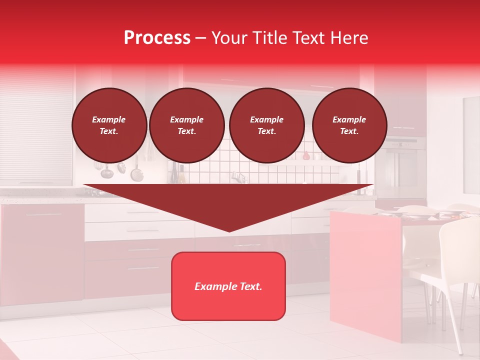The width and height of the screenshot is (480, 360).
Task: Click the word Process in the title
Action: (157, 38)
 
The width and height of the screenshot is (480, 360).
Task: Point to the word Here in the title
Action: (349, 38)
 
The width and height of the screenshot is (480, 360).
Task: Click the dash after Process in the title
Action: (201, 38)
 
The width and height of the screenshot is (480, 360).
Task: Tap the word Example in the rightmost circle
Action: (349, 119)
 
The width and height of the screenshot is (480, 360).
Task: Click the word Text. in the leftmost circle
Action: (109, 131)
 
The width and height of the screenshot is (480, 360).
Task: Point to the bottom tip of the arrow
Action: (229, 230)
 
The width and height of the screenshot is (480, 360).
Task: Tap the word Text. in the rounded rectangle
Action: (250, 286)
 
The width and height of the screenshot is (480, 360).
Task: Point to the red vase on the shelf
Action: (306, 155)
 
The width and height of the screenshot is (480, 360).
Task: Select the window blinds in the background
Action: (36, 125)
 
